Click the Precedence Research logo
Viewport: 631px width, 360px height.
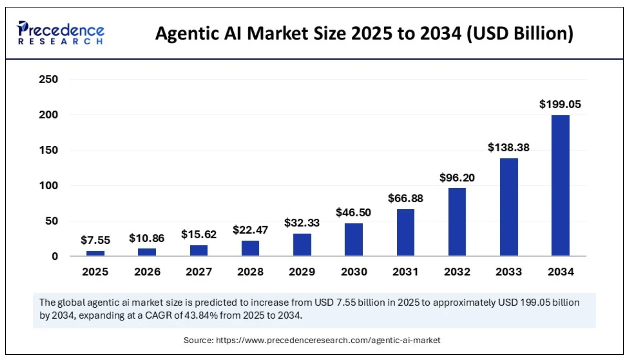tap(60, 33)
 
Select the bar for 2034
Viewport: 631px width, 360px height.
tap(560, 185)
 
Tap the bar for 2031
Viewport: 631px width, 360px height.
tap(405, 232)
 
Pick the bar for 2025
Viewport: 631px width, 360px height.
tap(95, 253)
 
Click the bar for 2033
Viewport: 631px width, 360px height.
tap(509, 207)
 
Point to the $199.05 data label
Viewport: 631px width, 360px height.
tap(560, 104)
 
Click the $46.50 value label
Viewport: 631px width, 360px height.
tap(353, 213)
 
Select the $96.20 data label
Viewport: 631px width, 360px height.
tap(457, 178)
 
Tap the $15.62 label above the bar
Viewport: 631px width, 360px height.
tap(198, 234)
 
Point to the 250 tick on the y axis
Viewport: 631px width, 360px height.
tap(48, 79)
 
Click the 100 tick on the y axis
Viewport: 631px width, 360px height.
tap(48, 186)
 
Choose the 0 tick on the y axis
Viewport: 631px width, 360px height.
tap(54, 256)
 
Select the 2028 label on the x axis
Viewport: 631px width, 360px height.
tap(250, 272)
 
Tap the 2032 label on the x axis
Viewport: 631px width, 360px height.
tap(457, 272)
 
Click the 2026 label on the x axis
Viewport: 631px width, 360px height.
tap(147, 272)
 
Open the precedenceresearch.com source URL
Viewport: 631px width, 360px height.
tap(328, 340)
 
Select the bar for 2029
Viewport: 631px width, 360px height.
tap(302, 245)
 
